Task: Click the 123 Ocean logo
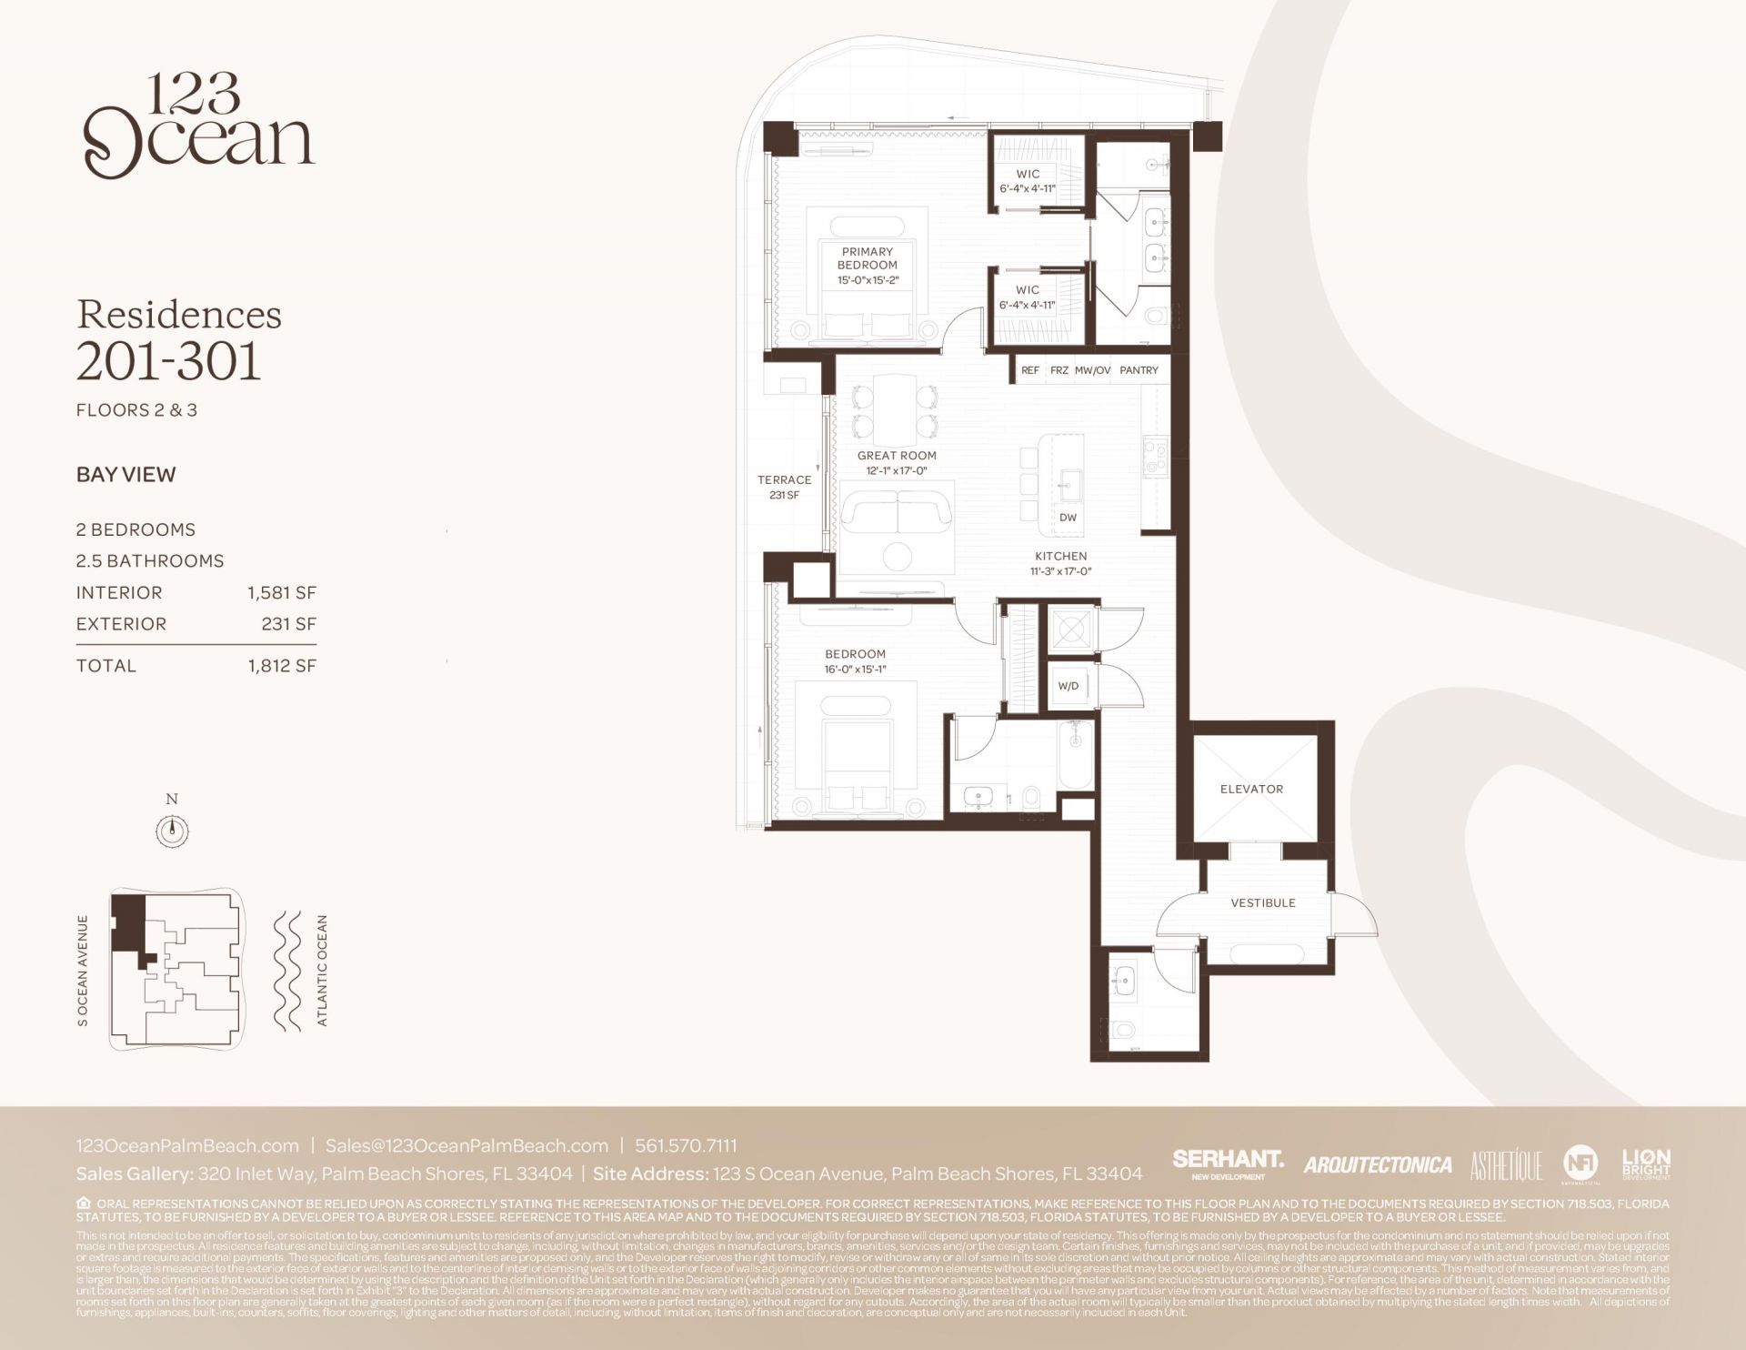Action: (x=198, y=127)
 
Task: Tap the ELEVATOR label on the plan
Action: (x=1251, y=789)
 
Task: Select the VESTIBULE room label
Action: (x=1262, y=902)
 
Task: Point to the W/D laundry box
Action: (x=1069, y=686)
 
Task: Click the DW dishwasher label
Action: (x=1068, y=517)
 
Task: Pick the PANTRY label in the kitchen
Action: (x=1139, y=370)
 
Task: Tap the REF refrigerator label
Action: (x=1029, y=370)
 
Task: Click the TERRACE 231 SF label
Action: (x=784, y=487)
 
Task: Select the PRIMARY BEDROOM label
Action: (x=867, y=265)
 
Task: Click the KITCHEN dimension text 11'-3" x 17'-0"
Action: (x=1060, y=571)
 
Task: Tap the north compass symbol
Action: (x=172, y=830)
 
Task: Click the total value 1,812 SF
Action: (x=282, y=666)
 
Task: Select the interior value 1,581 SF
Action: (x=282, y=593)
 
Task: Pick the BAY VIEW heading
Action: (x=126, y=474)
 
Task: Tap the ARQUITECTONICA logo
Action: (x=1377, y=1164)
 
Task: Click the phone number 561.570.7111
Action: (x=686, y=1146)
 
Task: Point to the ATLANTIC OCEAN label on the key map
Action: (x=322, y=971)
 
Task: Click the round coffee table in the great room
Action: (x=898, y=556)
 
